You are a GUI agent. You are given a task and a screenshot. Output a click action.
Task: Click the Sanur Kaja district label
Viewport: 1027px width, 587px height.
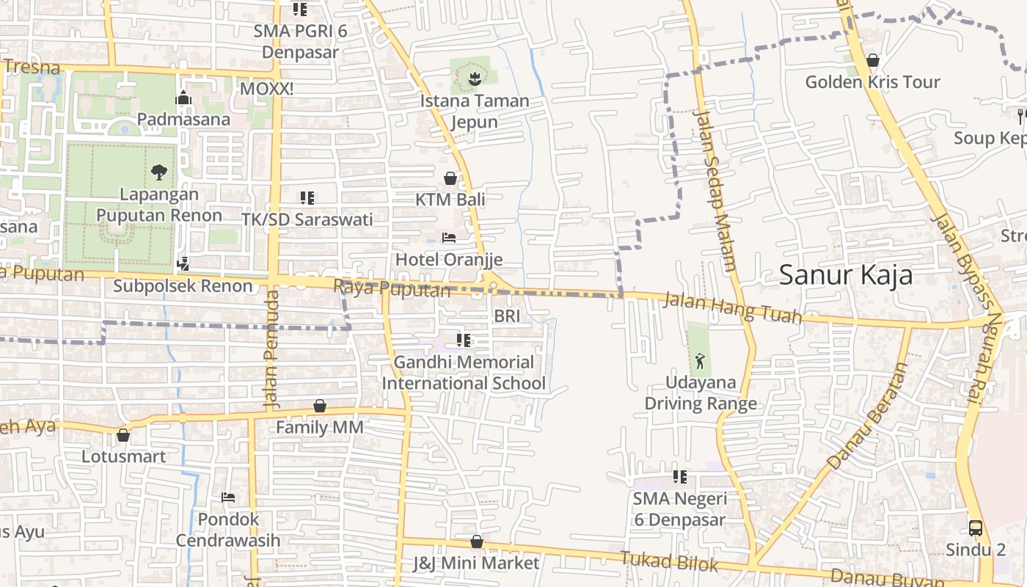(845, 275)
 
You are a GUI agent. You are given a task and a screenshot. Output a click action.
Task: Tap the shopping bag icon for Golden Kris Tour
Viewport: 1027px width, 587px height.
(872, 60)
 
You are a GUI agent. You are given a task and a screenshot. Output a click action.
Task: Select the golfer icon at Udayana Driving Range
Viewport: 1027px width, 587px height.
(701, 360)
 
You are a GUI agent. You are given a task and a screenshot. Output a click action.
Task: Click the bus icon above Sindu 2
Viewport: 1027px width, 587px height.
(976, 528)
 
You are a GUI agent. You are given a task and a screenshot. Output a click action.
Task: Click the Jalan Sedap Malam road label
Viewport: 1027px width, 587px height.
(714, 191)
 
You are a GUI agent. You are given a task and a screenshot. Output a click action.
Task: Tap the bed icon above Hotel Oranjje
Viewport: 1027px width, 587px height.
(449, 238)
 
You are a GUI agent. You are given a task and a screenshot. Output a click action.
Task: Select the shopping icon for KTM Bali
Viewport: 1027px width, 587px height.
(450, 178)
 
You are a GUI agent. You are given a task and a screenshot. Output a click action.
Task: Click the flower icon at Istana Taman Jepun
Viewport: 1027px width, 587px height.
(474, 78)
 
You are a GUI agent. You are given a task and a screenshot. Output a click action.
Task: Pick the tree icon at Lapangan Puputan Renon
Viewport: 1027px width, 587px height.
(158, 173)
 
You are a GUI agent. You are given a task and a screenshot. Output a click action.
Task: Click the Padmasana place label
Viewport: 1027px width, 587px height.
(183, 119)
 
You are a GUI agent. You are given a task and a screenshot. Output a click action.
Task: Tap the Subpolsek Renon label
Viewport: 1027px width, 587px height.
(183, 286)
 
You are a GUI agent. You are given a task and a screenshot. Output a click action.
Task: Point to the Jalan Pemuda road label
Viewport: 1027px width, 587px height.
(271, 349)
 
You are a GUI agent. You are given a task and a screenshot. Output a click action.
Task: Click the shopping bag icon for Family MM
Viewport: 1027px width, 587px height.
(320, 406)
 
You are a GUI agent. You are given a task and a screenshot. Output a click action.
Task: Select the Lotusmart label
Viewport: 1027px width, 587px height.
(123, 456)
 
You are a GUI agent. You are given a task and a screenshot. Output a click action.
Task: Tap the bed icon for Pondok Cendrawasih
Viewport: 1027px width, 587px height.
(227, 497)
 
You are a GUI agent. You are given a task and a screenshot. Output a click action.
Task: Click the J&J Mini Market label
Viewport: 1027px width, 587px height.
(476, 564)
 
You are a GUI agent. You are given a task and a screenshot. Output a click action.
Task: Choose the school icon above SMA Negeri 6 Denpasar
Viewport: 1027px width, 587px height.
(680, 477)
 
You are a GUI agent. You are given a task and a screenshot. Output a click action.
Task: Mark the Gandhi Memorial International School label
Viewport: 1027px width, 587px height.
(464, 373)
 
